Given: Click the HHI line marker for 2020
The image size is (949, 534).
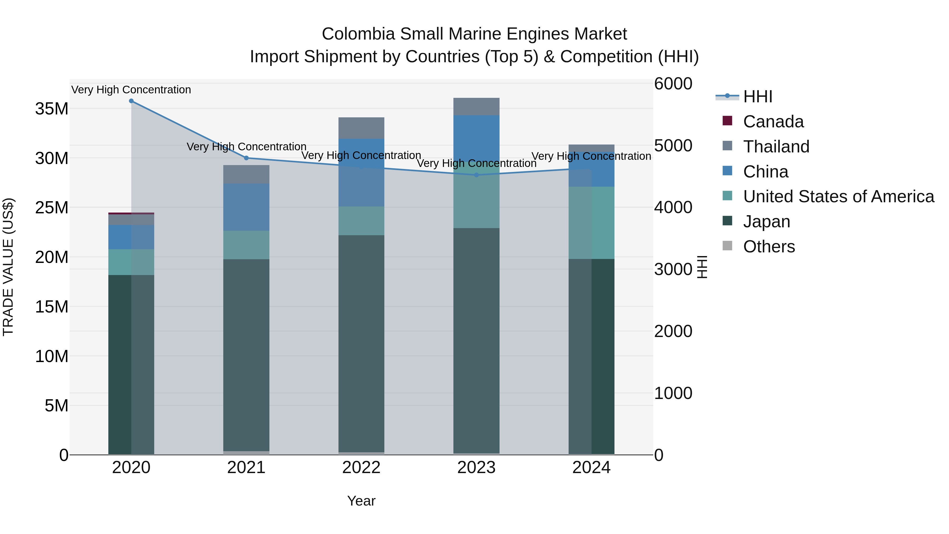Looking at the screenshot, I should point(131,101).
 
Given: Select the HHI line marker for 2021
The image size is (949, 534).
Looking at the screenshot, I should point(246,158).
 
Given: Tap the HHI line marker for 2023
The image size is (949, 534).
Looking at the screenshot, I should point(476,175).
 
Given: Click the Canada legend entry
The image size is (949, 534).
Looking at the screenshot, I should point(773,122).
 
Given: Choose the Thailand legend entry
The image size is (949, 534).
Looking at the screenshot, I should point(776,147).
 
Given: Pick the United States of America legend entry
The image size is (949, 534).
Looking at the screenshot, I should point(838,196).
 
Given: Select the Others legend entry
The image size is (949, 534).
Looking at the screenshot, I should point(769,247).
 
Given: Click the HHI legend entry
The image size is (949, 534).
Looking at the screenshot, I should point(757,97).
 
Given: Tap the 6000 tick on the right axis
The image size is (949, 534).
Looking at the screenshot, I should point(673,84).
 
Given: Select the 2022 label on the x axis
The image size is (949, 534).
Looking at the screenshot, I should point(361,468).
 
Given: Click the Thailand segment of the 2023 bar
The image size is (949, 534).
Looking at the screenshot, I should point(476,107).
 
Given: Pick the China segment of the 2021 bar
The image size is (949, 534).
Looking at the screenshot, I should point(246,207).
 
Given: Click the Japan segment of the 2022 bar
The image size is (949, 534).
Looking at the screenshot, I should point(361,343).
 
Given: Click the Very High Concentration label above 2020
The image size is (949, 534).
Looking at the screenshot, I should point(131,90).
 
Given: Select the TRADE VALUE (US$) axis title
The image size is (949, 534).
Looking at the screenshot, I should point(8,267).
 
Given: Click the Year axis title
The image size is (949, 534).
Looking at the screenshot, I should point(361,501).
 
